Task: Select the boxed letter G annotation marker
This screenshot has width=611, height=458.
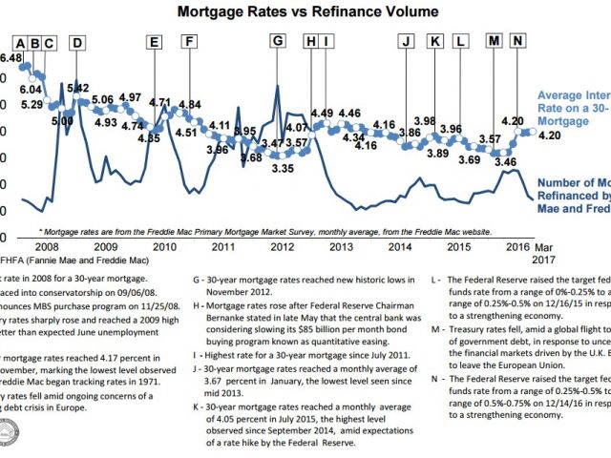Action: click(278, 42)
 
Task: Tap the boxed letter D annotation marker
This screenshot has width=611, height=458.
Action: click(76, 42)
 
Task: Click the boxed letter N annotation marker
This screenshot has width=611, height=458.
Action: click(518, 42)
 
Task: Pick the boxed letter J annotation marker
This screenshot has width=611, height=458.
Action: click(406, 42)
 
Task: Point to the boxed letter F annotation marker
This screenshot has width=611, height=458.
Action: click(190, 42)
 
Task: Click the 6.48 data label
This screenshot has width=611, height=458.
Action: click(11, 58)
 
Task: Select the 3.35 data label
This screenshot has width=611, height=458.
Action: click(282, 169)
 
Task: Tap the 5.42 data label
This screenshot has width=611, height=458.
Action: click(78, 88)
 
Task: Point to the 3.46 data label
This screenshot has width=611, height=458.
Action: click(505, 162)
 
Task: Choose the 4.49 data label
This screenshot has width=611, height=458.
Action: click(322, 114)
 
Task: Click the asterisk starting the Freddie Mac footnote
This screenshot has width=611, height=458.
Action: click(41, 232)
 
